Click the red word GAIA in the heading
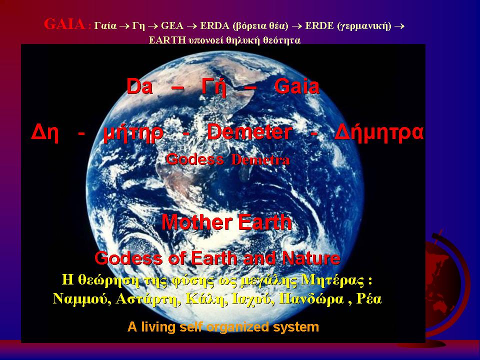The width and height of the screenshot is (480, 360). click(64, 24)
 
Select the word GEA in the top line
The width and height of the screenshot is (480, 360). click(172, 26)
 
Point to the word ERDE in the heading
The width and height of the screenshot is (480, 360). click(319, 26)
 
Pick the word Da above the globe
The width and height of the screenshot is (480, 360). click(139, 86)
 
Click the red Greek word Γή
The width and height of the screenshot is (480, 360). click(214, 87)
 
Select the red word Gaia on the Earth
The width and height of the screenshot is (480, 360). click(296, 86)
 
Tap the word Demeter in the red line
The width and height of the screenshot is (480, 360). click(249, 132)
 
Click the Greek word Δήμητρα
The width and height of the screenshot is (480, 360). click(379, 133)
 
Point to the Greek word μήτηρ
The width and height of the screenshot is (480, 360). click(133, 134)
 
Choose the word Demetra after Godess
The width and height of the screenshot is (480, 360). click(260, 160)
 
